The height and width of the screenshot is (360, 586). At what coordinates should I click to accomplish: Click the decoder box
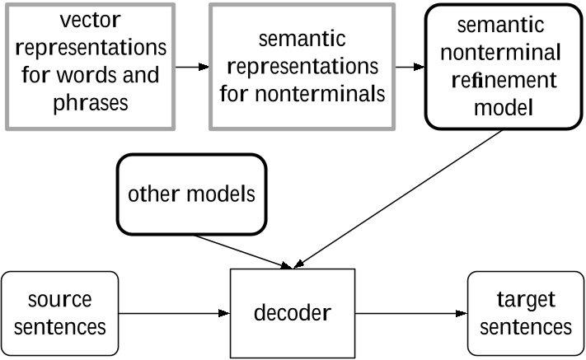point(292,313)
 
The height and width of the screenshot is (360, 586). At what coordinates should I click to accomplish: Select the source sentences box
point(59,313)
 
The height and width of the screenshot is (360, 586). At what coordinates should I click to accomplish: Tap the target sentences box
point(526,313)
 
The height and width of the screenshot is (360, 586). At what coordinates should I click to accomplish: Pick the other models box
point(191,195)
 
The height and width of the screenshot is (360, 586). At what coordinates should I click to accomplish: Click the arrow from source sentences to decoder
point(173,313)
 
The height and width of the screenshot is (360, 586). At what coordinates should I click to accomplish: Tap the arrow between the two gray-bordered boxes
point(191,66)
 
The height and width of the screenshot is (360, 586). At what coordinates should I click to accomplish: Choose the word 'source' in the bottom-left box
point(59,299)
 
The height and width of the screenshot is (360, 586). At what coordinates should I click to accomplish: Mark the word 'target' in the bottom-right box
point(526,299)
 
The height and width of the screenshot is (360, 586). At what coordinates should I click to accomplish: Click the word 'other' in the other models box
point(152,195)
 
